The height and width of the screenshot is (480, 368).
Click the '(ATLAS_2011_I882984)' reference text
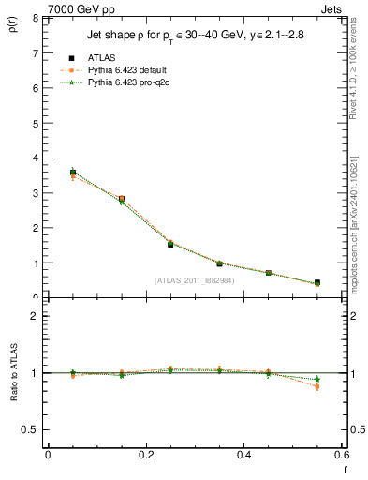click(194, 280)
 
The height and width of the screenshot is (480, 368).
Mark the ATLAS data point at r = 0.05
click(73, 172)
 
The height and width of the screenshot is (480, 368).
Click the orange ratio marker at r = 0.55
click(317, 386)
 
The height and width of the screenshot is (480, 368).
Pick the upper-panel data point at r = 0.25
click(170, 244)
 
